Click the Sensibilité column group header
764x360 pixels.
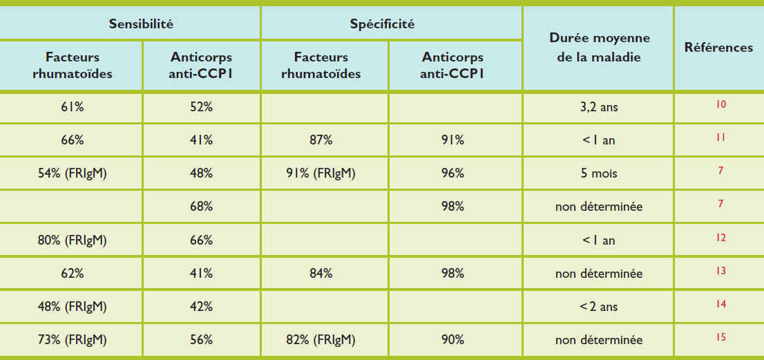[140, 23]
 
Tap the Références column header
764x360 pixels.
[718, 48]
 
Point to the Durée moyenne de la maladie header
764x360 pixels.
[599, 48]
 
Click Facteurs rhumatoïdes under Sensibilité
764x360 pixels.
[72, 66]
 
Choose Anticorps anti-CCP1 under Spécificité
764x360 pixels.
[452, 66]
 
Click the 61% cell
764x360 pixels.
[72, 107]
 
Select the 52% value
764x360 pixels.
[202, 107]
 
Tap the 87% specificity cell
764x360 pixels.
[321, 140]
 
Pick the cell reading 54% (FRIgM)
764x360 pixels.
[72, 173]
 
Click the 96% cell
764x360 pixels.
[453, 173]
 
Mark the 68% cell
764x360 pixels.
[202, 207]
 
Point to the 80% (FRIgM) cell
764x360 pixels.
[72, 240]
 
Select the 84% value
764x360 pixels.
[321, 273]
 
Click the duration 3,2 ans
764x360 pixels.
[599, 107]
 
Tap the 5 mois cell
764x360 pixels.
[599, 173]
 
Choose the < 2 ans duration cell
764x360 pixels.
[599, 306]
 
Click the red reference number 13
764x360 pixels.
[721, 271]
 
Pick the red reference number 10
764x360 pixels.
[721, 105]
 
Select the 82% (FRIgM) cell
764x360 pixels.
[321, 339]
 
